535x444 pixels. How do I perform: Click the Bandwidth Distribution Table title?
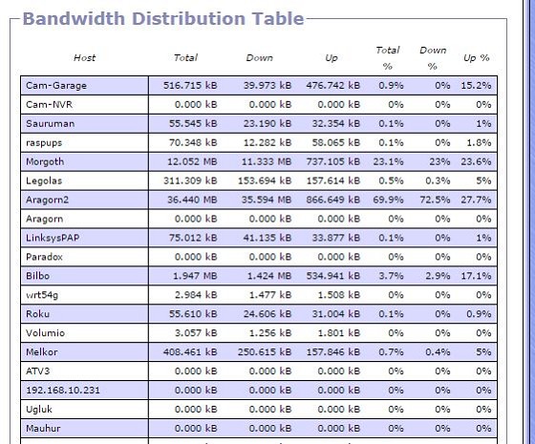tap(163, 18)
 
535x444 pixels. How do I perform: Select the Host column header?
tap(84, 57)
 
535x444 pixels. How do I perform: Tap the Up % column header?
tap(477, 57)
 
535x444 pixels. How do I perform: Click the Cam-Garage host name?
tap(56, 85)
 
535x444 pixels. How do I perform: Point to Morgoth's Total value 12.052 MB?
tap(192, 161)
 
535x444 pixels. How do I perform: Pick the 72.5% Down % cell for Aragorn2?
tap(435, 200)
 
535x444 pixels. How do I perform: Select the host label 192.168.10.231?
tap(63, 390)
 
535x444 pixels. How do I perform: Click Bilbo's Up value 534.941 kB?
tap(333, 276)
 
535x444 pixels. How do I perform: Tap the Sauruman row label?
tap(50, 123)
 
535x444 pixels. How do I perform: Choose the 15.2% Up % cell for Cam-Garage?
tap(476, 85)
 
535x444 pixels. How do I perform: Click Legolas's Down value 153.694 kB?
tap(265, 180)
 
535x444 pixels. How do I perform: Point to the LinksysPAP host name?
tap(53, 238)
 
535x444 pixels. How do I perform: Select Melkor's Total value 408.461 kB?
tap(190, 351)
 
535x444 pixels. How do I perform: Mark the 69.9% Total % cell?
tap(388, 200)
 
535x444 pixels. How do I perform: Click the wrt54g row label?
tap(42, 295)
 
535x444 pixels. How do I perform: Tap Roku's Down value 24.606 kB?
tap(267, 314)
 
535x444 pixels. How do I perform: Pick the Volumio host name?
tap(46, 333)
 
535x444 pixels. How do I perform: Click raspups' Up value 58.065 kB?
tap(336, 142)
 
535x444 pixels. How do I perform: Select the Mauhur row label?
tap(43, 428)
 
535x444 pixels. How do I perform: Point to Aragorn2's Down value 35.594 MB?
tap(267, 200)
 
